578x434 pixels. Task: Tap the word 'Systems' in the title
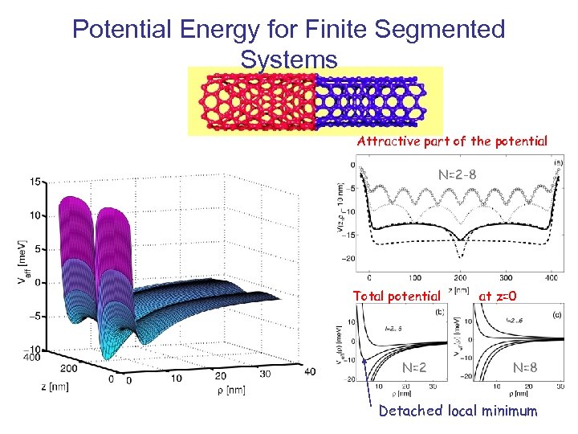tap(288, 59)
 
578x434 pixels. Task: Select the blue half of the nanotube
tap(368, 101)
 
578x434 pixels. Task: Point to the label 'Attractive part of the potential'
tap(452, 141)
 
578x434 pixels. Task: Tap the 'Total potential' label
tap(397, 296)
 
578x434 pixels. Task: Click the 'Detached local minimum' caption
tap(457, 411)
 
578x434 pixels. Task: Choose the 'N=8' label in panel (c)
tap(527, 369)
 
